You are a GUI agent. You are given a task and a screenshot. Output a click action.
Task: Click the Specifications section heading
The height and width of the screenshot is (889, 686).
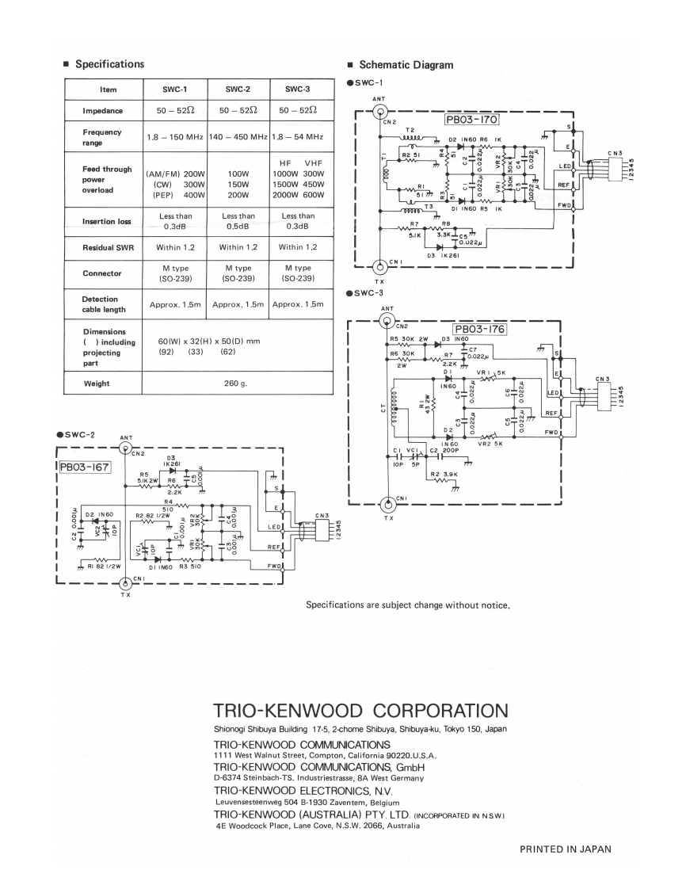[x=109, y=64]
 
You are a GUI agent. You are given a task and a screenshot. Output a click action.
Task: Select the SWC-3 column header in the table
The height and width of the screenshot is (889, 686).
[x=299, y=90]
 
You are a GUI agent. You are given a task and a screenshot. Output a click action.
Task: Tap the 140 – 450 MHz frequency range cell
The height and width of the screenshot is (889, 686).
[x=238, y=138]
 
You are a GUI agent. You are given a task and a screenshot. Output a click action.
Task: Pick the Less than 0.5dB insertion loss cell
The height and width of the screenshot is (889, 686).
[x=238, y=221]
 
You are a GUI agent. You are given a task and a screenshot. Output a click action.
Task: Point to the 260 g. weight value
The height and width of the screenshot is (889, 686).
[x=237, y=383]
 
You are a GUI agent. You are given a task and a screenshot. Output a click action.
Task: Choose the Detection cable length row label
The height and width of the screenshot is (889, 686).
[x=101, y=305]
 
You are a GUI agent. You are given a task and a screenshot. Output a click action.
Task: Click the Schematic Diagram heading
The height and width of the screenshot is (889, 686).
[x=406, y=65]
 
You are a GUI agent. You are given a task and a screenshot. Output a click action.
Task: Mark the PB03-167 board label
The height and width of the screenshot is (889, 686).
[x=84, y=467]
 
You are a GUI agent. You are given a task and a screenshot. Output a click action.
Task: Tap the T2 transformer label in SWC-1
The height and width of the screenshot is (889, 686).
[x=410, y=131]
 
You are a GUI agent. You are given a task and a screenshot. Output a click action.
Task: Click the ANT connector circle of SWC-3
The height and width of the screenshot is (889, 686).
[x=387, y=321]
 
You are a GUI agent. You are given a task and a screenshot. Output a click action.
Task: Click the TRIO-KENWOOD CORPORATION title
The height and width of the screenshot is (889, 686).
[x=360, y=709]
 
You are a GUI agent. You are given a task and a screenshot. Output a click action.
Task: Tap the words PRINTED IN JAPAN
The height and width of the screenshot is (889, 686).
[x=565, y=849]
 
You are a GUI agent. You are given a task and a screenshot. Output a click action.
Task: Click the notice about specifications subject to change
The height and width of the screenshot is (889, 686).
[x=407, y=607]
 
